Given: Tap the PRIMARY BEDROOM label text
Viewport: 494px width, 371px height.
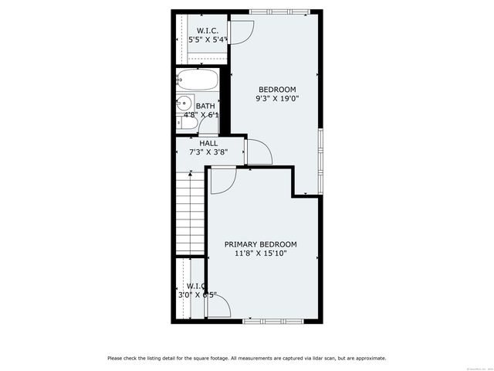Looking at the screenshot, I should click(x=260, y=244).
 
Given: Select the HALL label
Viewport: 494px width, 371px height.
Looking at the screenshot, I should click(x=208, y=143).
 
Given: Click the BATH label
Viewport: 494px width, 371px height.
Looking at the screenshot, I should click(x=205, y=106).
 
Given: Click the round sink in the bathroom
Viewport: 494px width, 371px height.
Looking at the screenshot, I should click(x=184, y=103).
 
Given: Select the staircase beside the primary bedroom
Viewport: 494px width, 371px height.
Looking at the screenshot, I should click(x=190, y=213).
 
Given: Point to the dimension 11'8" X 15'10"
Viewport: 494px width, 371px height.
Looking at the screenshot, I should click(x=260, y=254).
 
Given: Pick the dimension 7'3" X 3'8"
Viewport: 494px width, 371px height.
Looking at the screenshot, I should click(x=208, y=152).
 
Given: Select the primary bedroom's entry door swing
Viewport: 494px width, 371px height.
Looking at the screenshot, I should click(x=222, y=180).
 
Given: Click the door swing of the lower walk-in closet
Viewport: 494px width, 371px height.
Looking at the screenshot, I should click(x=218, y=307).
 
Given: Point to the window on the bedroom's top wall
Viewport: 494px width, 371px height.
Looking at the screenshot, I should click(x=279, y=11).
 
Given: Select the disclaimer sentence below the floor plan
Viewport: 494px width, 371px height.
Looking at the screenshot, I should click(x=247, y=358).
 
